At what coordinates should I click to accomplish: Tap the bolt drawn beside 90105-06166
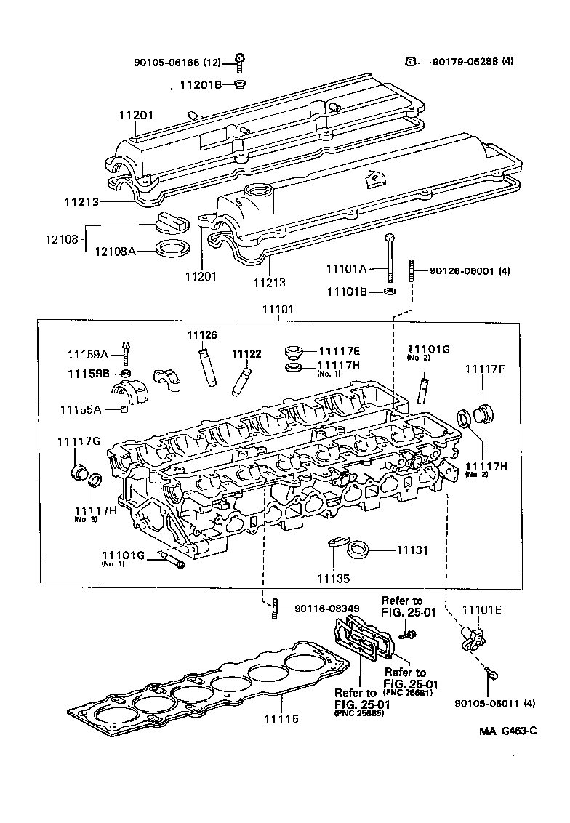pyautogui.click(x=239, y=63)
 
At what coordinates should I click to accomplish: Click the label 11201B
pyautogui.click(x=201, y=85)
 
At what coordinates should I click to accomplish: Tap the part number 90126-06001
pyautogui.click(x=460, y=270)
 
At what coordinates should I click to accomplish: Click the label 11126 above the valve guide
pyautogui.click(x=202, y=335)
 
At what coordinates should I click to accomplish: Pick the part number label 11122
pyautogui.click(x=246, y=354)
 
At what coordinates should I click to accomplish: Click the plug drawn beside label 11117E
pyautogui.click(x=294, y=352)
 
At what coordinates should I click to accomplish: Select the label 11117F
pyautogui.click(x=484, y=370)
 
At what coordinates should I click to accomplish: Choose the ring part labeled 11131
pyautogui.click(x=358, y=550)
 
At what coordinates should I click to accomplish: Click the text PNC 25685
pyautogui.click(x=360, y=714)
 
